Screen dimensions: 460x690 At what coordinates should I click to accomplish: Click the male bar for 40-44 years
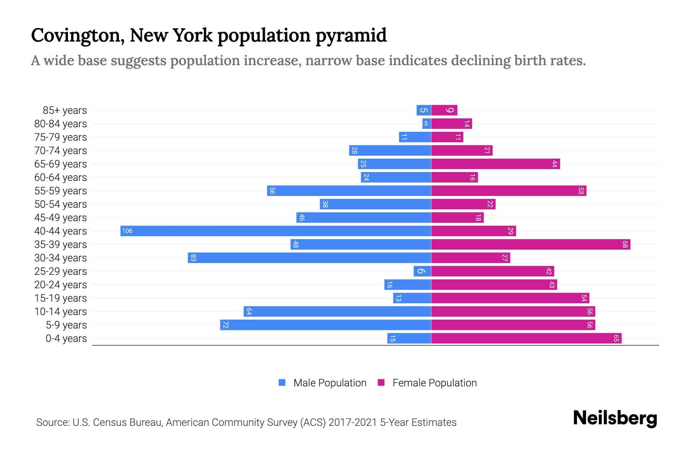(x=276, y=231)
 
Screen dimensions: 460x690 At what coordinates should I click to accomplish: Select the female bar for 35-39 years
(x=531, y=244)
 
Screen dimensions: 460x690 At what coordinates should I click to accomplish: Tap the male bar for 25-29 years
(x=422, y=271)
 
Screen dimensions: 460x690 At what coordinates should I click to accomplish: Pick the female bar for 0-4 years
(x=526, y=338)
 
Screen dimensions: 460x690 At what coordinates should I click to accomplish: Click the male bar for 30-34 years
(x=309, y=258)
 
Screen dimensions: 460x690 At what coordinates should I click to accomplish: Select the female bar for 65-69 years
(x=495, y=164)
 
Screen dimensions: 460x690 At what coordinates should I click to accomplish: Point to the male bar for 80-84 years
(x=427, y=123)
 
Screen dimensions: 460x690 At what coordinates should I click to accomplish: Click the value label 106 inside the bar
(x=127, y=231)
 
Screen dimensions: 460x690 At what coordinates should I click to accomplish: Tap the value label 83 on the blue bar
(x=193, y=258)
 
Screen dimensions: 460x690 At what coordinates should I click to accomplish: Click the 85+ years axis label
(x=65, y=110)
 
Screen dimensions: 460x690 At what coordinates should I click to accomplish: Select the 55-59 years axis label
(x=61, y=191)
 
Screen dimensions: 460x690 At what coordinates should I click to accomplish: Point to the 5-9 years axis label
(x=66, y=325)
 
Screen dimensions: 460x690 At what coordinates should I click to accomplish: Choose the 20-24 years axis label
(x=61, y=285)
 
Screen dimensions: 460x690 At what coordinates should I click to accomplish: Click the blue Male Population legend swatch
(x=282, y=383)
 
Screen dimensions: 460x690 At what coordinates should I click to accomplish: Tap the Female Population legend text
(x=434, y=383)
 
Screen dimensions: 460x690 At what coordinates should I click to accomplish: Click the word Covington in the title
(x=77, y=35)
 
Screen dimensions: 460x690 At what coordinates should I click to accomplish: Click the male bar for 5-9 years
(x=325, y=325)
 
